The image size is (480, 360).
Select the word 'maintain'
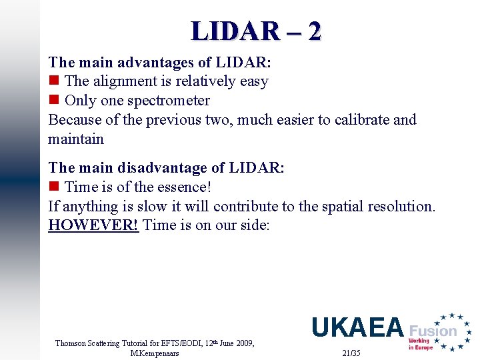76,139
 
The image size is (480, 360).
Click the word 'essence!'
181,187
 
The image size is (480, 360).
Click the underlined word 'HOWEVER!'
93,225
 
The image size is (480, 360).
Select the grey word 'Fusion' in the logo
433,331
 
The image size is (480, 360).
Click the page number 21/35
351,352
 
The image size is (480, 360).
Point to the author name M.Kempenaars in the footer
155,353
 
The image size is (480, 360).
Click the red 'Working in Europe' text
420,344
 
